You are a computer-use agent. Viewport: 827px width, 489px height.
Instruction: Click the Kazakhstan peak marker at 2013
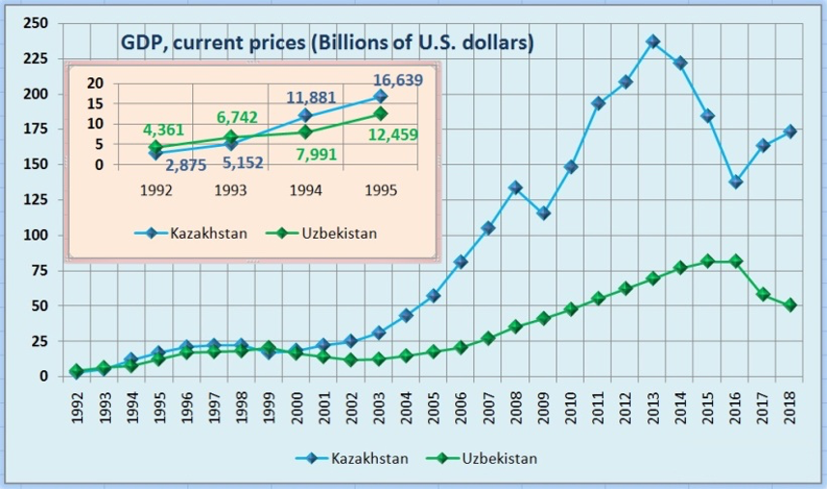(x=653, y=42)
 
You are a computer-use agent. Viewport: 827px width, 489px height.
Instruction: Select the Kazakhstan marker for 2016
(x=735, y=182)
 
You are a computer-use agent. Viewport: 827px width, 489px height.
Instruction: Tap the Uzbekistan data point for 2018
(x=790, y=304)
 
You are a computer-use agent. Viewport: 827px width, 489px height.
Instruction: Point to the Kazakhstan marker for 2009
(x=544, y=213)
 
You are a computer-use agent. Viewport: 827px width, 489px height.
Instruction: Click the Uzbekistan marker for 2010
(x=571, y=309)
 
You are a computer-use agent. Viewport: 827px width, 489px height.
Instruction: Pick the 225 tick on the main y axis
(x=35, y=59)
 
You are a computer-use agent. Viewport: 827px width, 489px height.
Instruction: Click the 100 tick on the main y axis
(x=35, y=235)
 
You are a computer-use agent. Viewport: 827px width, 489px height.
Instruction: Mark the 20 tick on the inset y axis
(x=94, y=82)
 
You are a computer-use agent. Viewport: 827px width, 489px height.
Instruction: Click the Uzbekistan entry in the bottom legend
(x=499, y=459)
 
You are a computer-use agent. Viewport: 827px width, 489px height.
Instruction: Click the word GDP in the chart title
(x=140, y=44)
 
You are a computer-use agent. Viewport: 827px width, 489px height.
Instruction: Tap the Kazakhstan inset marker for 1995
(x=381, y=96)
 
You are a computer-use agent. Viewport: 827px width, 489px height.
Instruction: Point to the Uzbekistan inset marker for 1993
(x=230, y=137)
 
